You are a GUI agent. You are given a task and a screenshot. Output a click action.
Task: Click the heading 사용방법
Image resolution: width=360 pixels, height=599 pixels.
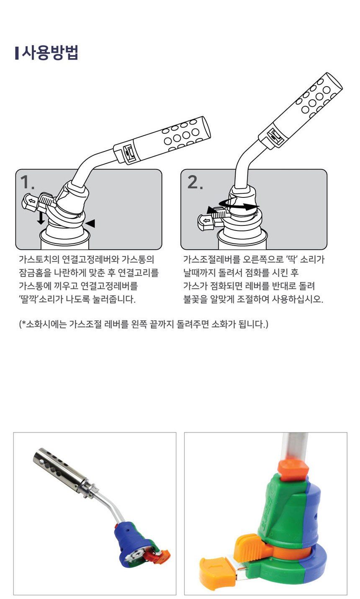[50, 52]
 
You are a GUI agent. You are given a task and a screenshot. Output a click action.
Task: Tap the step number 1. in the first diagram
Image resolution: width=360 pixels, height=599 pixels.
[27, 182]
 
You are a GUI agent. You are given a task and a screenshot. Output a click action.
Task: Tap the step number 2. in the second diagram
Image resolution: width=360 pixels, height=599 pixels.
[195, 182]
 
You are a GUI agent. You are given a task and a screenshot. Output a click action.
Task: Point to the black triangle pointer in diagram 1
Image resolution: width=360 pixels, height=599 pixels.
[90, 223]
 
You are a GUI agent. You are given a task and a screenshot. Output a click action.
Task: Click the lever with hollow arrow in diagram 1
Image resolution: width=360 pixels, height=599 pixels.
[38, 202]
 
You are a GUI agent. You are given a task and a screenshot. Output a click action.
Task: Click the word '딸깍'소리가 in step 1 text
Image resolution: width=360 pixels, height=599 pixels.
[41, 299]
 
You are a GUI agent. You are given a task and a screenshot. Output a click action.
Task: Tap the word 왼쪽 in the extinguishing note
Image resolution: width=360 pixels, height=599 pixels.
[139, 324]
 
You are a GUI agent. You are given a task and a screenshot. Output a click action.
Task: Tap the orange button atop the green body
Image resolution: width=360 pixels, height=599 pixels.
[293, 470]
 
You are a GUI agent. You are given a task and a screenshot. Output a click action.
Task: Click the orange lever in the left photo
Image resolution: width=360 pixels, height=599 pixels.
[158, 556]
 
